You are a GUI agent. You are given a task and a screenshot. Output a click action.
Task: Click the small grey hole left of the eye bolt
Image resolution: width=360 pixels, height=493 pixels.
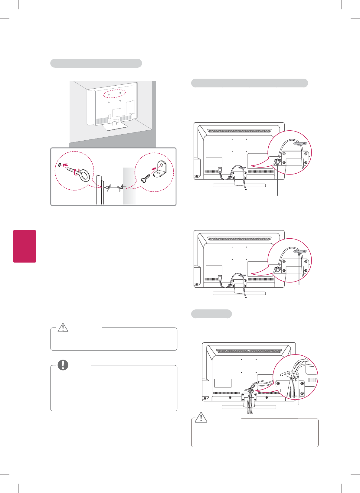tap(60, 165)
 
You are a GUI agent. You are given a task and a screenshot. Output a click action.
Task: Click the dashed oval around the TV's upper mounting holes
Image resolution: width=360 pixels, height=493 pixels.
tap(114, 94)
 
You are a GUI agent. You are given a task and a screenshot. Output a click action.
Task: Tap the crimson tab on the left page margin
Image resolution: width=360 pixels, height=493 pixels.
tap(25, 246)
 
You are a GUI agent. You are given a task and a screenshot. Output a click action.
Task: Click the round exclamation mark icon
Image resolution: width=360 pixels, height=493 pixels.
tap(63, 365)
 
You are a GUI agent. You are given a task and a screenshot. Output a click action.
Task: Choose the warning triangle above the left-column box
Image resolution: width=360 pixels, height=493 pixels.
tap(63, 328)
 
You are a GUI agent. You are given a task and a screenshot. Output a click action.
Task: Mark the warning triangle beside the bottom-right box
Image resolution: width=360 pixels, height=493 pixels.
tap(201, 417)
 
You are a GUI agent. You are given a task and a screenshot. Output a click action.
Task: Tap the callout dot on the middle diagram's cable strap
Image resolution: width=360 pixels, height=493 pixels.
tap(299, 255)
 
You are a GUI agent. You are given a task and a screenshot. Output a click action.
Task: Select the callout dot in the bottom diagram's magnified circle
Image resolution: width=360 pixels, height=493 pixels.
tap(298, 376)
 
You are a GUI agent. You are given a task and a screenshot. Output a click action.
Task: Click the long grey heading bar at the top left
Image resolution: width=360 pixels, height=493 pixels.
tap(96, 63)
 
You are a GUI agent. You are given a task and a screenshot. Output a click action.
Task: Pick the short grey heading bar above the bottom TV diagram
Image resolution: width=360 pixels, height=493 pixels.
tap(211, 314)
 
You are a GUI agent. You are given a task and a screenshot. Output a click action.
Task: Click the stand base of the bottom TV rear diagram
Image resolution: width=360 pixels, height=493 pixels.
tap(249, 407)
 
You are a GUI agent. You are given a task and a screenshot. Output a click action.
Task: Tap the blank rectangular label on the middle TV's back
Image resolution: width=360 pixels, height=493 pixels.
tap(214, 269)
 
